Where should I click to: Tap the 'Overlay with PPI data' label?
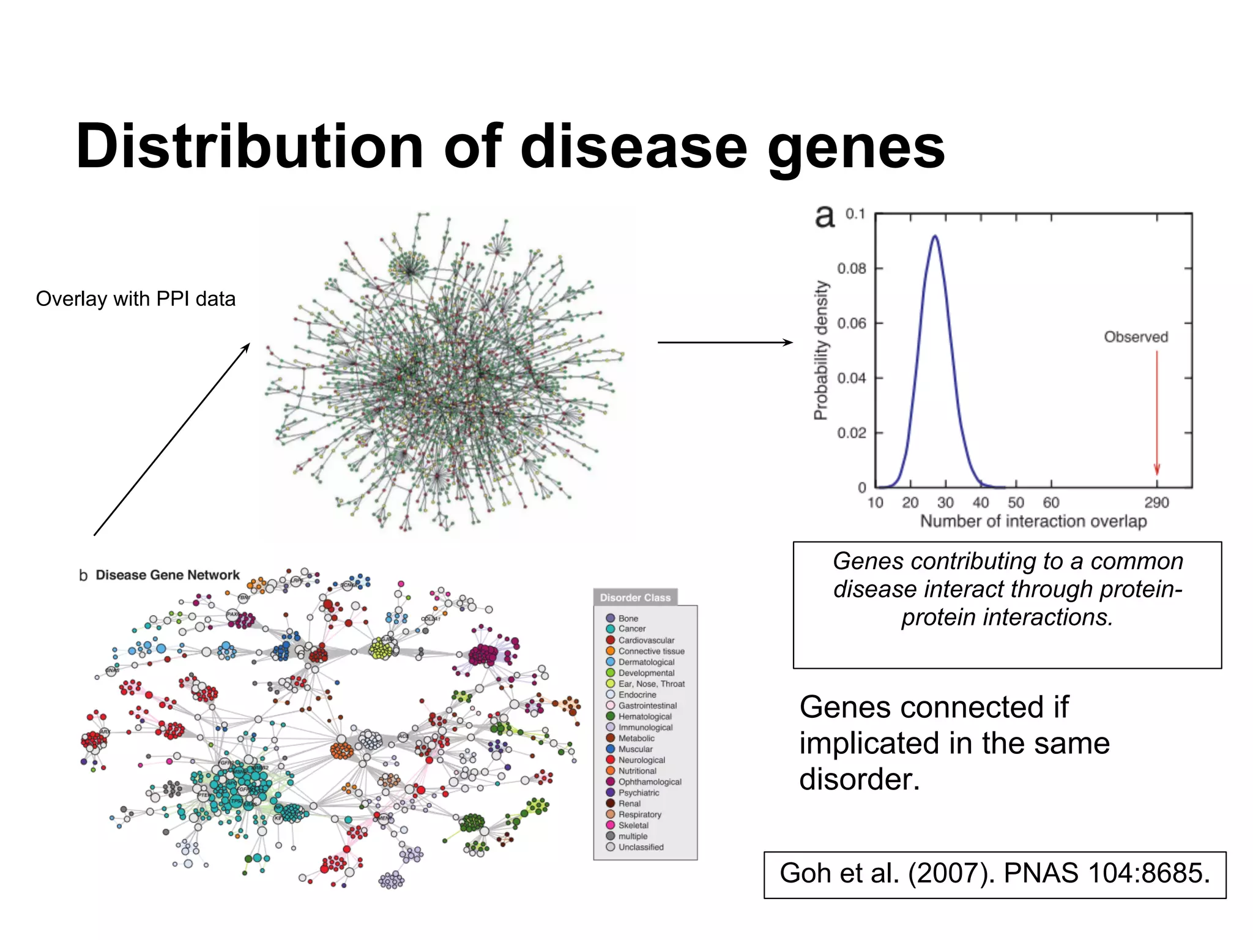click(135, 299)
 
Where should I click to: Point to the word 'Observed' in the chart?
click(1136, 337)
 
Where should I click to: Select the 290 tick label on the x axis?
click(1156, 502)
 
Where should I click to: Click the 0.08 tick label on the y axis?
click(851, 269)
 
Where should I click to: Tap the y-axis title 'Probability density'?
click(820, 350)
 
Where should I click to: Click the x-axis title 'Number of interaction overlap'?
click(1033, 521)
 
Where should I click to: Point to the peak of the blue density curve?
click(935, 236)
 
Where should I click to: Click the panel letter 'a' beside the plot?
click(825, 216)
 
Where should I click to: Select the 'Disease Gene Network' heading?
click(167, 575)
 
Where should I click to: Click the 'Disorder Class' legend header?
click(635, 597)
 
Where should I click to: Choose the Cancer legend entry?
click(631, 629)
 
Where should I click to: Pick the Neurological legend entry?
click(641, 759)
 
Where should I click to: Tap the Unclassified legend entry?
click(641, 847)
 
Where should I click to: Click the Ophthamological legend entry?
click(649, 781)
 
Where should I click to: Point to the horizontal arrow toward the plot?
click(725, 342)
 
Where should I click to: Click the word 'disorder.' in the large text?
click(860, 779)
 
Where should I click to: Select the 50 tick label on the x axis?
click(1016, 502)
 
